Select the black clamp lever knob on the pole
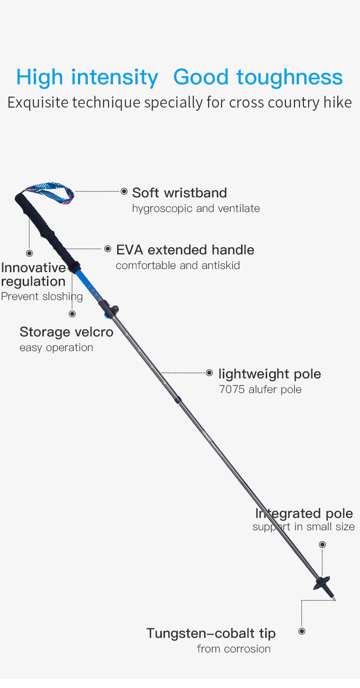coord(115,309)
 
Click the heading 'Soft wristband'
coord(179,193)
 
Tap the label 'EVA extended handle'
coord(185,250)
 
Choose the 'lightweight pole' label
coord(269,374)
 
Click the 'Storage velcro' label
coord(66,332)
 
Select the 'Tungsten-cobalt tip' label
coord(211,633)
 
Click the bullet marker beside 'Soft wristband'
coord(124,191)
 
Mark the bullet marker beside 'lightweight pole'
coord(209,373)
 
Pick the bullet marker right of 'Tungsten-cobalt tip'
coord(302,631)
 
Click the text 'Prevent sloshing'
coord(42,296)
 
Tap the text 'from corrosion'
coord(233,649)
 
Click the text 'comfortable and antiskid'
coord(178,265)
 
